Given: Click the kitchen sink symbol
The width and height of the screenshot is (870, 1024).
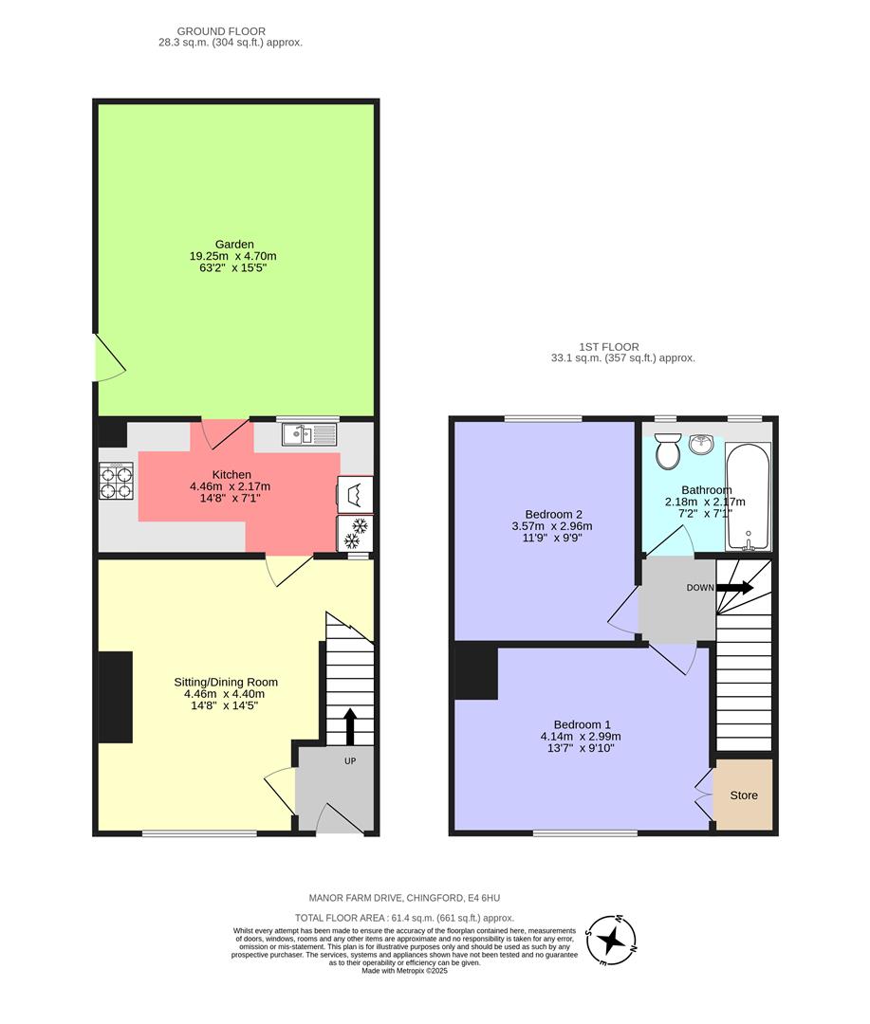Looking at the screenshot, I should (309, 435).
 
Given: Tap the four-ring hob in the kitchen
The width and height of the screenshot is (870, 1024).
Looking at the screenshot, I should (116, 480).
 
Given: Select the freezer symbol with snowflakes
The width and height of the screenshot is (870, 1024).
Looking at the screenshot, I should (354, 533).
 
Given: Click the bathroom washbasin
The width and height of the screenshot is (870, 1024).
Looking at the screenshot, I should (703, 444).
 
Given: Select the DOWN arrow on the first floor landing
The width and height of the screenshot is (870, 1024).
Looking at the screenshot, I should (734, 588).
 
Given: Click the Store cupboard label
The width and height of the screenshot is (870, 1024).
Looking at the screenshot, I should (744, 795).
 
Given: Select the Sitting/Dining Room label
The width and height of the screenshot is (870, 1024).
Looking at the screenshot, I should (226, 682).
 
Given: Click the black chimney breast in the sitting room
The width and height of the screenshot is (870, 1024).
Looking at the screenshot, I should (116, 698).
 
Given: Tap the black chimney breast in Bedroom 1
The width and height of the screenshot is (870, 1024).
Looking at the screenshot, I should (476, 672).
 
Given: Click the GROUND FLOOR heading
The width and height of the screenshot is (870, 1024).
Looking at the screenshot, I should (221, 31).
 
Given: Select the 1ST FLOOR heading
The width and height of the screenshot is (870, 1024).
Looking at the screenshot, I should (608, 347).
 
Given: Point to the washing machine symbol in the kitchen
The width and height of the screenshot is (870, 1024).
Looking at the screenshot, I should (354, 494).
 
